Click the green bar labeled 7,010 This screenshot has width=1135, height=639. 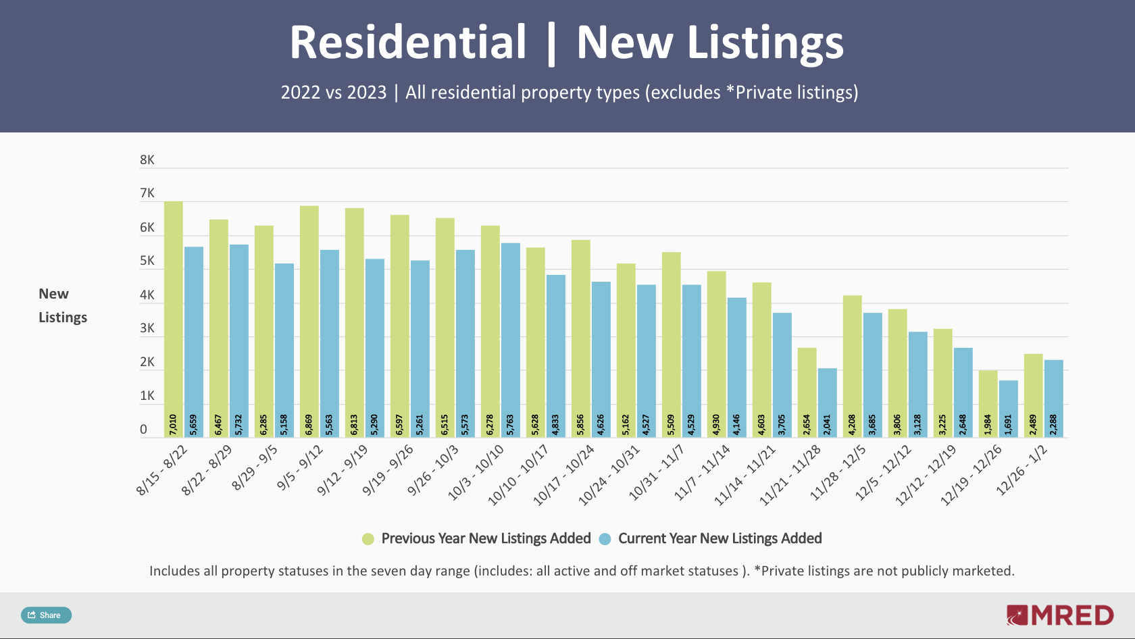click(174, 317)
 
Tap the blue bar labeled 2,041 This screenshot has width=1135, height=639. click(828, 402)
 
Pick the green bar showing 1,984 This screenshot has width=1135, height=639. click(988, 403)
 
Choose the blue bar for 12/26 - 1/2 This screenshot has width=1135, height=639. click(1053, 398)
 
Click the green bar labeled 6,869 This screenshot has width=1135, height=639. click(309, 321)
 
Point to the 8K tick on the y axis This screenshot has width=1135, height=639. click(147, 160)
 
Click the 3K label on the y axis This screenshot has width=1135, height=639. click(147, 328)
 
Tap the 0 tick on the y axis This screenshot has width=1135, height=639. click(143, 430)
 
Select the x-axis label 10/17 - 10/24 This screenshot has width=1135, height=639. click(564, 475)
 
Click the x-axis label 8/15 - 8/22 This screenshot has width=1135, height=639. click(162, 470)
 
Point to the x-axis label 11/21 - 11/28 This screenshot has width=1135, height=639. click(790, 475)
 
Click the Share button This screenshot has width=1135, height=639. click(46, 615)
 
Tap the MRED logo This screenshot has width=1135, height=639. click(1059, 615)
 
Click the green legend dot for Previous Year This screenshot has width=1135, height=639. click(368, 539)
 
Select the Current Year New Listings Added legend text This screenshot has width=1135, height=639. click(720, 538)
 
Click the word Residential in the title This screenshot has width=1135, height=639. click(407, 43)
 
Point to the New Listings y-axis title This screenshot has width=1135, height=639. click(62, 305)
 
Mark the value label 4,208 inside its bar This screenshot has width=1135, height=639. click(852, 424)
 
